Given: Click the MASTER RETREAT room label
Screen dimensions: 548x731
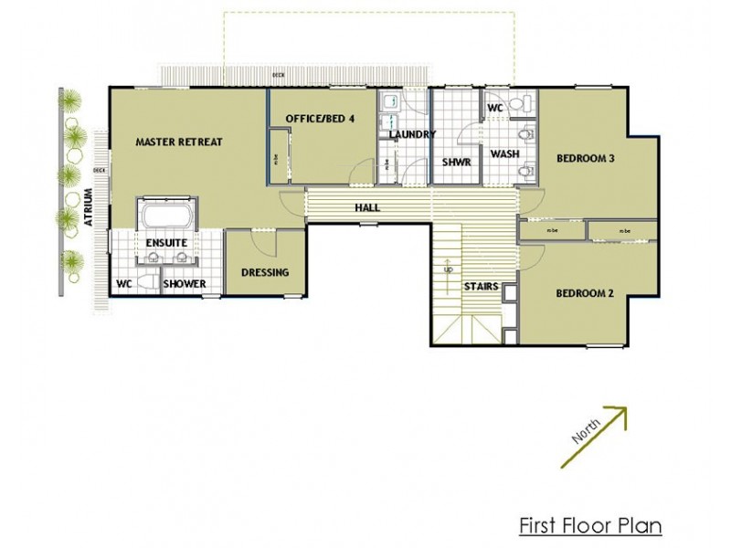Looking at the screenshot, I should coord(179,142).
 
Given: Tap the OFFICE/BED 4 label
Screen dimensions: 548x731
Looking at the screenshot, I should coord(319,119).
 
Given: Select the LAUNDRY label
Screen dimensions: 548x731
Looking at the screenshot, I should coord(412,135).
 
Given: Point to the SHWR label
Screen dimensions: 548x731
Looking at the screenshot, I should coord(455,162).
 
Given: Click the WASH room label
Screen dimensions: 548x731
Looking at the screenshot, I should coord(504,154).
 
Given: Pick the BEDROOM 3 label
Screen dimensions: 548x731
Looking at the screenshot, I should coord(585,159).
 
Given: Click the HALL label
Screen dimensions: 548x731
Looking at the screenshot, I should coord(367,207).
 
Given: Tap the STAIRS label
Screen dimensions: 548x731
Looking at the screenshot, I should coord(481,286).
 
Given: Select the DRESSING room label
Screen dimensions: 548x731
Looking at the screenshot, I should coord(265,272).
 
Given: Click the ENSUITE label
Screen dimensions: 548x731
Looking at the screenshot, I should coord(166,242).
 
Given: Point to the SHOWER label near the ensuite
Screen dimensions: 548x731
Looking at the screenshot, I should coord(185,284).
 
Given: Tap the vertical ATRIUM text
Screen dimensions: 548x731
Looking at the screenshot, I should coord(89,211).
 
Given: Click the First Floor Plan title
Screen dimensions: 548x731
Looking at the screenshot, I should coord(589,526).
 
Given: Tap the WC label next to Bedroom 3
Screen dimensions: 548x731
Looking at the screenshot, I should coord(495,108).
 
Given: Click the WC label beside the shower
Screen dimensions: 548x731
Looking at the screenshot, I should coord(124,284).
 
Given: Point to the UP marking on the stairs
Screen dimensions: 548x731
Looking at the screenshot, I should coord(447,270).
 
